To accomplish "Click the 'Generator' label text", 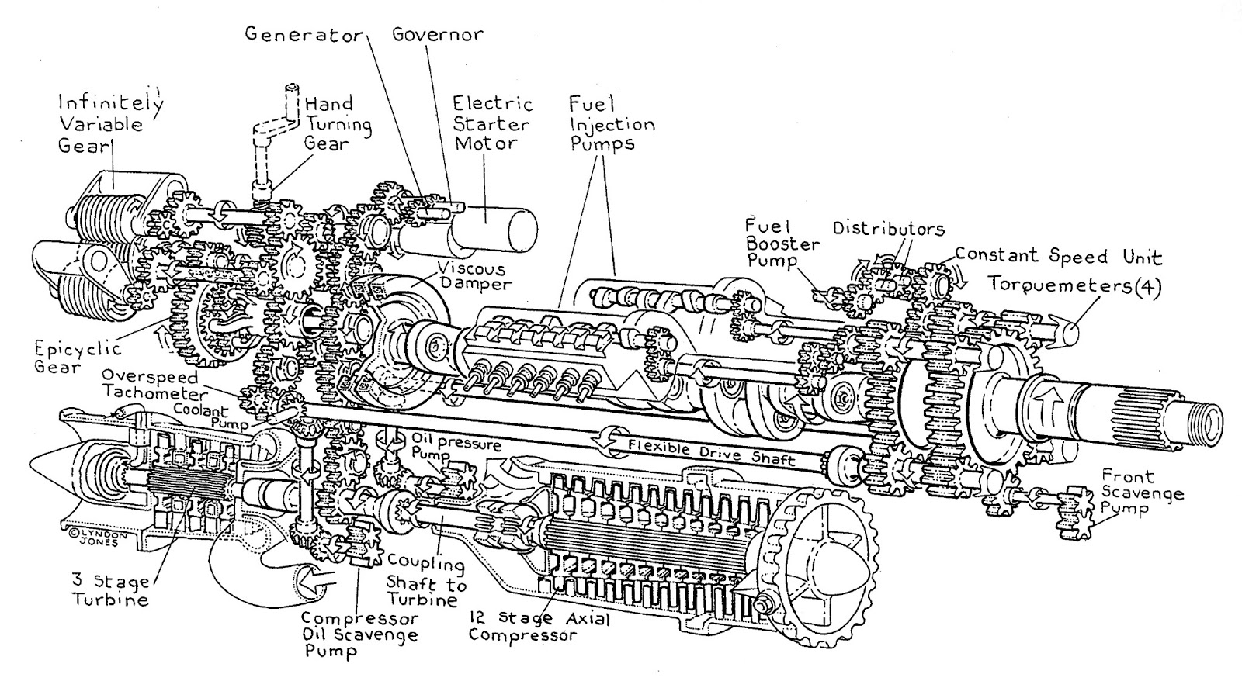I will (x=304, y=36).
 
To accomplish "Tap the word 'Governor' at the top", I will (x=437, y=35).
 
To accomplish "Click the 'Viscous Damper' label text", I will (x=470, y=275).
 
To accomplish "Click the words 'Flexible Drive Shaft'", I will (x=711, y=451).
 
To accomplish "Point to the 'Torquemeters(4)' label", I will (x=1074, y=285).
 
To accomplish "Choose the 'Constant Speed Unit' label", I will (x=1058, y=256).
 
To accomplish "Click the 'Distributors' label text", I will (x=888, y=229).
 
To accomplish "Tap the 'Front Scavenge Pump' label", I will (x=1142, y=493).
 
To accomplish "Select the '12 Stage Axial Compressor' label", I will (x=539, y=627).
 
